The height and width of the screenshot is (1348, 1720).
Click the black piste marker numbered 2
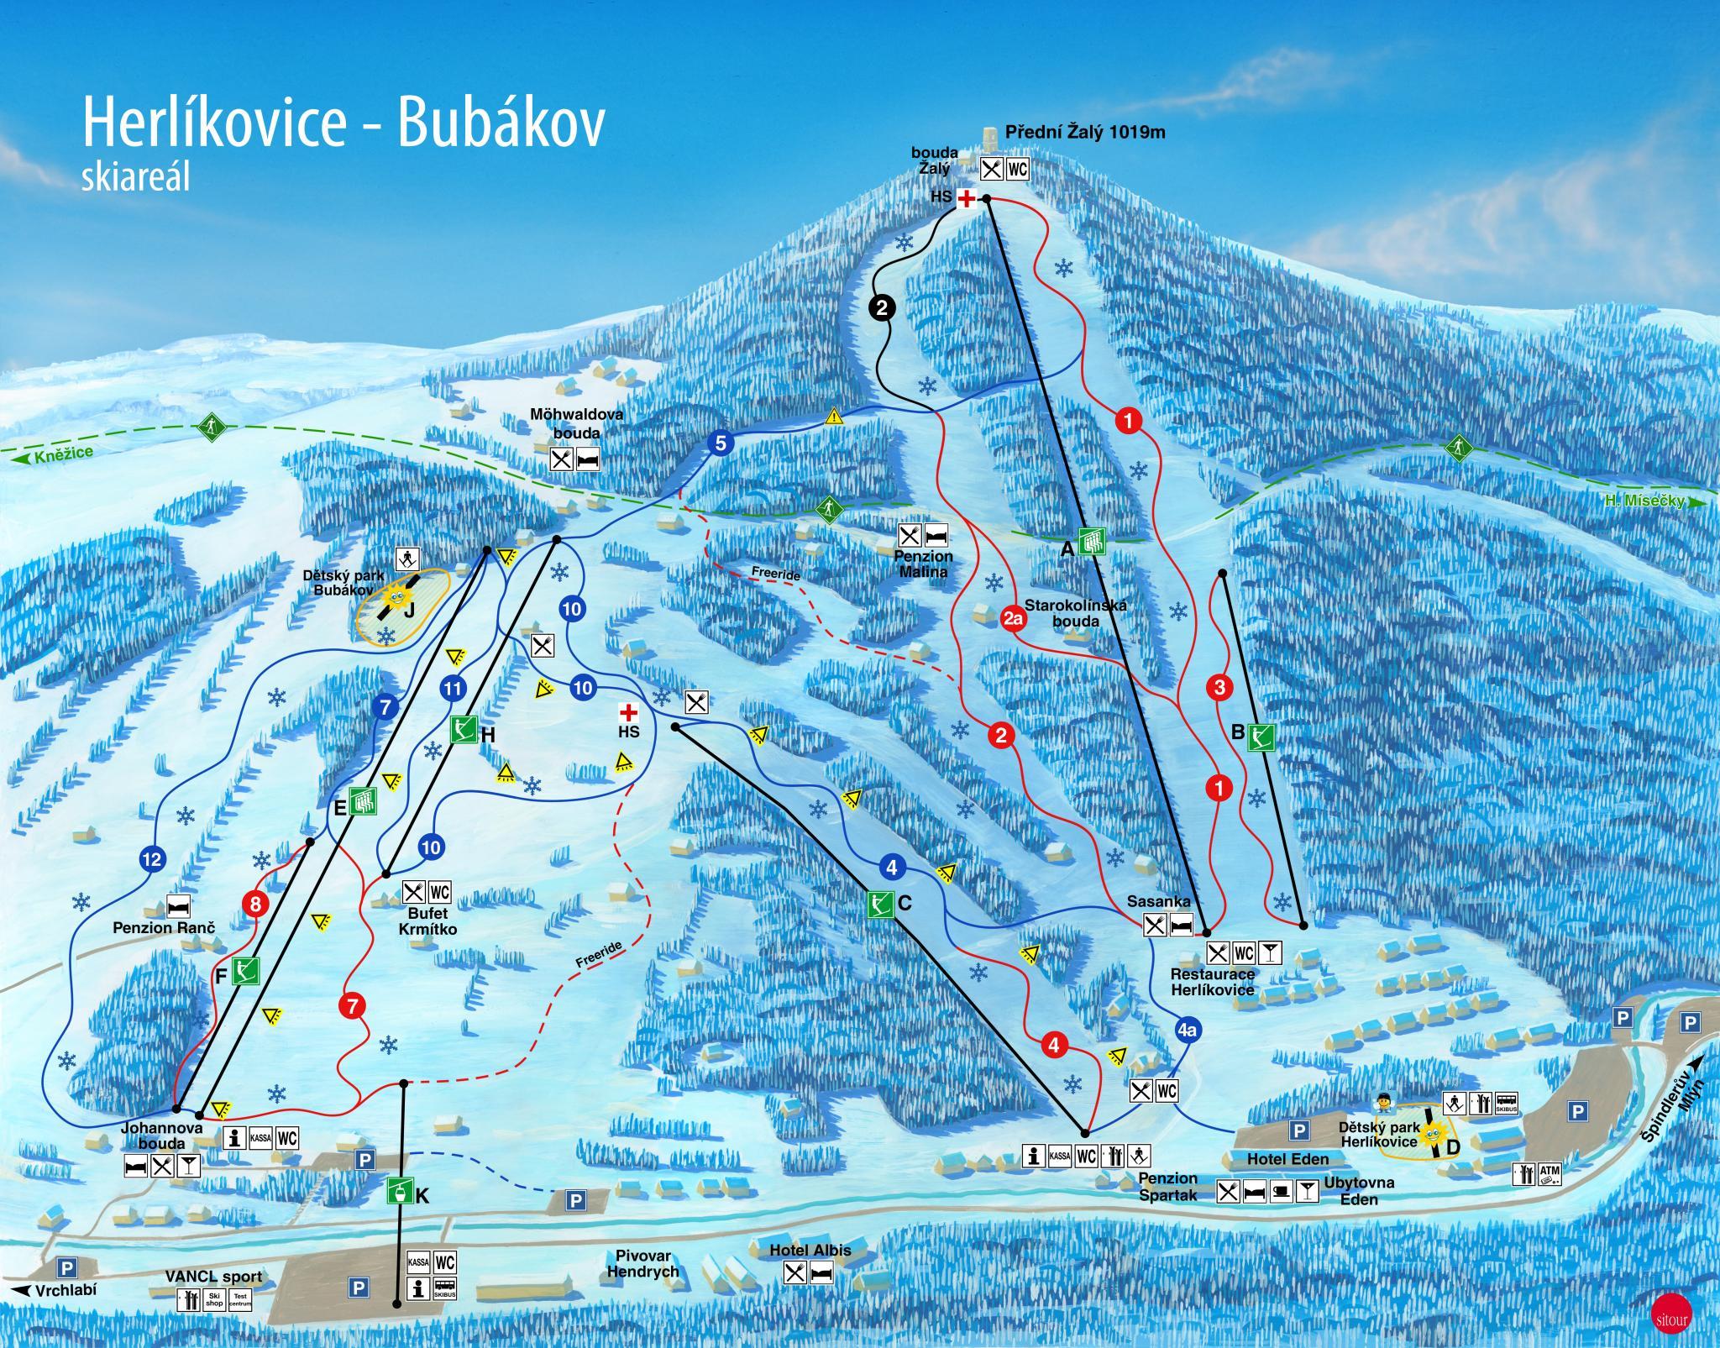[x=882, y=307]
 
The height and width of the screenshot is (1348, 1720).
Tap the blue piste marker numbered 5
[x=720, y=443]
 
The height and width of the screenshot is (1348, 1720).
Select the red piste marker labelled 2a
[x=1014, y=620]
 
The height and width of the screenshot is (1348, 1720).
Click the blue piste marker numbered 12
[x=152, y=859]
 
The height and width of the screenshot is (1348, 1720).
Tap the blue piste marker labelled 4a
[x=1187, y=1030]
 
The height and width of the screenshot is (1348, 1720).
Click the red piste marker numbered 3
[x=1219, y=688]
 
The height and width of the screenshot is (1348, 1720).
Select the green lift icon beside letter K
[x=400, y=1190]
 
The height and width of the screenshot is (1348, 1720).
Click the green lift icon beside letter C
[x=879, y=904]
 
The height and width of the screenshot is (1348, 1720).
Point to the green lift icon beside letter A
[x=1092, y=542]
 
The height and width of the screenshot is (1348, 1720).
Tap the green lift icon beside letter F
[x=245, y=972]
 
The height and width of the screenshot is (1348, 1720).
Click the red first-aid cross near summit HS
[x=967, y=199]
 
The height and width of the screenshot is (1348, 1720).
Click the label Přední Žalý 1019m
[x=1085, y=133]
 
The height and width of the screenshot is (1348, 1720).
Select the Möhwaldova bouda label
[x=564, y=424]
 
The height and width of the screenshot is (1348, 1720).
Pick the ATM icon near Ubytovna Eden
[x=1550, y=1173]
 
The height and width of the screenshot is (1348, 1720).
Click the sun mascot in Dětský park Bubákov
[x=398, y=597]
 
